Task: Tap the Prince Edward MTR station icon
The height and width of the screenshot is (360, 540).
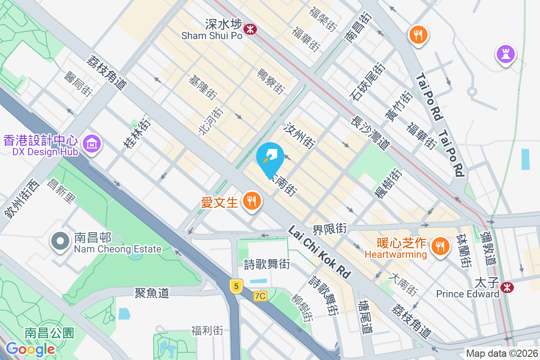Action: [x=508, y=287]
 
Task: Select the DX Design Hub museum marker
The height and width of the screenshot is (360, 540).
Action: [x=92, y=144]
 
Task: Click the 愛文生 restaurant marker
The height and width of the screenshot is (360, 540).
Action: [x=250, y=201]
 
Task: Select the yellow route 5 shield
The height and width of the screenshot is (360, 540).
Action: [x=235, y=285]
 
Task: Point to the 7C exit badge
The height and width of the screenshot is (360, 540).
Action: [x=260, y=296]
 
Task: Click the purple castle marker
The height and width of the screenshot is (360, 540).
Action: [x=505, y=54]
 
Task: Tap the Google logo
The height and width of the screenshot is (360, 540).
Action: [x=30, y=349]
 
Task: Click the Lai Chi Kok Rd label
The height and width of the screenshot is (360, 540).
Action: [x=319, y=251]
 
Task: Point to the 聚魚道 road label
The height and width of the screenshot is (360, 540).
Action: [x=152, y=293]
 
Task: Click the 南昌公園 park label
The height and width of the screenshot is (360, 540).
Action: [x=49, y=333]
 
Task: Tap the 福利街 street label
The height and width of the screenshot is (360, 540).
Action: [x=207, y=331]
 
